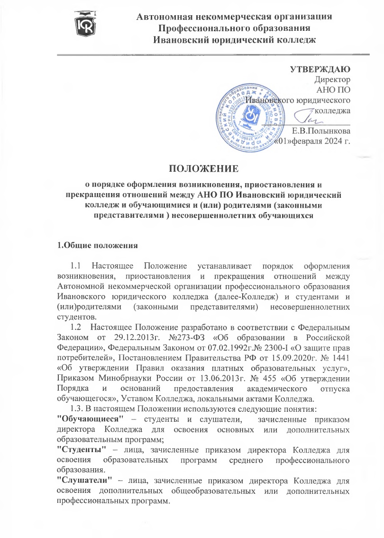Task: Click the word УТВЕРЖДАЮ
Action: pos(320,70)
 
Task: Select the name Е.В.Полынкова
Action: pos(321,131)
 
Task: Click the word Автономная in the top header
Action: pos(168,18)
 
